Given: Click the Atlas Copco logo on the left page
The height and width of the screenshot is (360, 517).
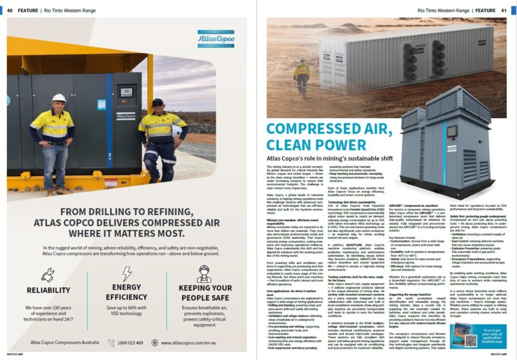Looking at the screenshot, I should point(216,39).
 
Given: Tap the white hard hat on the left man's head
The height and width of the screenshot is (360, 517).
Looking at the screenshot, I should point(59,97).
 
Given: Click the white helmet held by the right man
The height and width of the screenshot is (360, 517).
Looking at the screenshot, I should point(177,130).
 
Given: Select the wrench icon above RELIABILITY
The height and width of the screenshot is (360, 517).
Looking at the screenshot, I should point(48,274).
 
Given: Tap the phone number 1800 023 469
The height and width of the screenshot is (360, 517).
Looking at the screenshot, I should point(131,343).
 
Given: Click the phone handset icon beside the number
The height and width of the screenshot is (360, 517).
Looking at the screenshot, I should point(111,343).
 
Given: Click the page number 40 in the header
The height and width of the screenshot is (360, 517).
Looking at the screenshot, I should point(10,10).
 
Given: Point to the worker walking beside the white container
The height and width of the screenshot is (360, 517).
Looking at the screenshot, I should point(302,76).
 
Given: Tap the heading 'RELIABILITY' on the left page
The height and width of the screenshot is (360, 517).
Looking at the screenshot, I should point(48,290).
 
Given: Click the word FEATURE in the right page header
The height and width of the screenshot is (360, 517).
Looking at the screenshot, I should point(485,10).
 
